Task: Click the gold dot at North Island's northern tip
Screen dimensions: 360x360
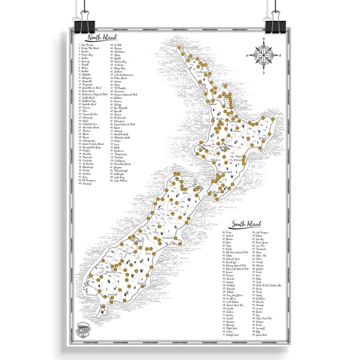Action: (179, 49)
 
